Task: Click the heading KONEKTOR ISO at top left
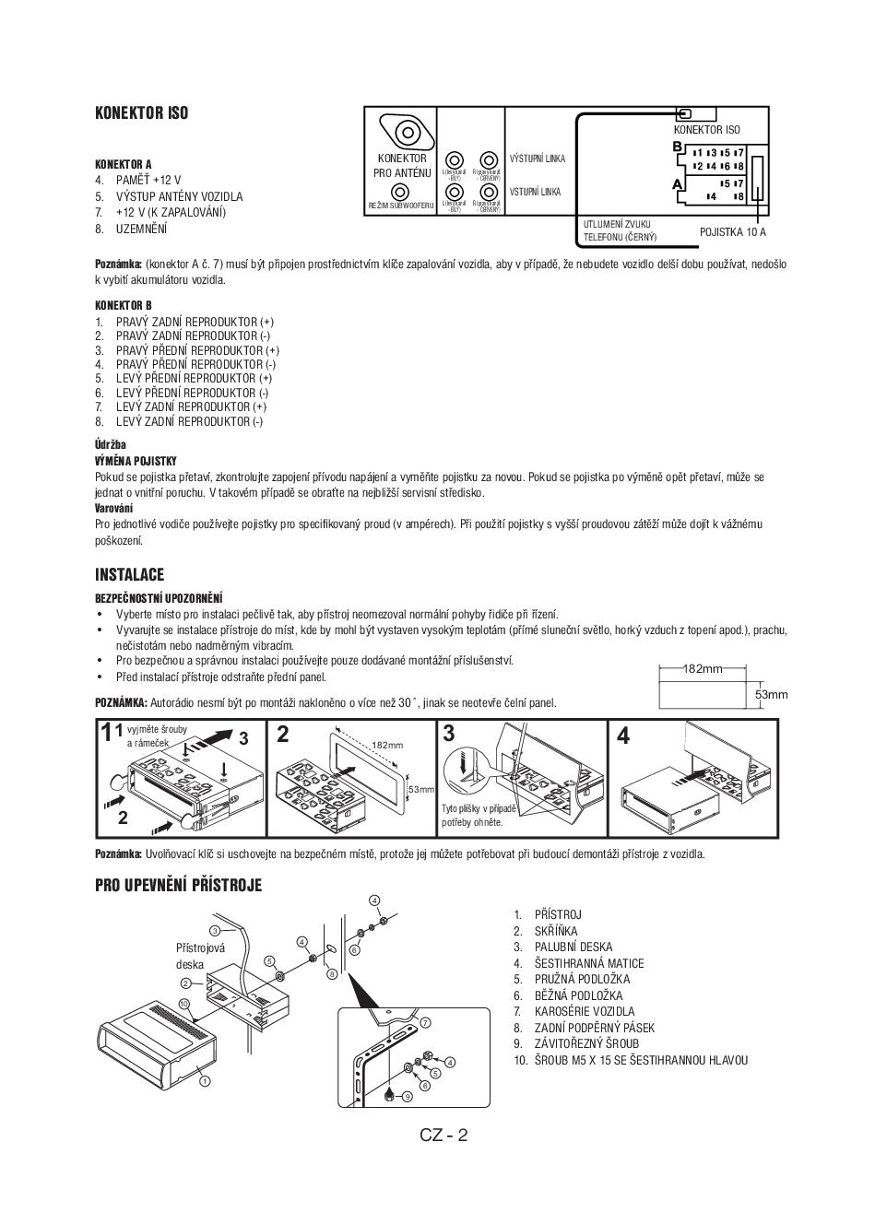[141, 113]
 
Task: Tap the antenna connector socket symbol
[407, 132]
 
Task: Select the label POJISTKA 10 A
[732, 232]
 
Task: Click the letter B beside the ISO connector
[677, 147]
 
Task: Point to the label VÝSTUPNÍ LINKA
[538, 159]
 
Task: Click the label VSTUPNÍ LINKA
[535, 192]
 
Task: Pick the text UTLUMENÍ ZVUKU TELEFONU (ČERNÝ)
[620, 230]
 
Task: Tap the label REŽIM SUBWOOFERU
[401, 206]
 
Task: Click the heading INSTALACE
[129, 574]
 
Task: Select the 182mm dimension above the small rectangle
[702, 669]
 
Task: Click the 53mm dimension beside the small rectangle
[771, 694]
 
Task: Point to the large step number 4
[623, 736]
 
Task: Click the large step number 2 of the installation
[283, 735]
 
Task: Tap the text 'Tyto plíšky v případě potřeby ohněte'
[478, 815]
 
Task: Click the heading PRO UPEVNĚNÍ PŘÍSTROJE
[178, 886]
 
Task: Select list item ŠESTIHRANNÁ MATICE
[588, 963]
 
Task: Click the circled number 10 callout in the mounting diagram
[183, 1004]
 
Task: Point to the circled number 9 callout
[407, 1096]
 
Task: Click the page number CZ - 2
[443, 1135]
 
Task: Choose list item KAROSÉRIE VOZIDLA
[584, 1012]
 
